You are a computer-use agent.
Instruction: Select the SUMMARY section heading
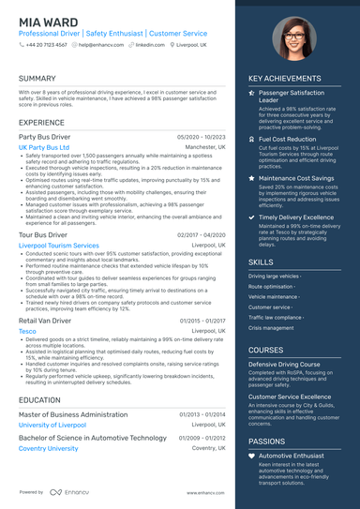coord(37,78)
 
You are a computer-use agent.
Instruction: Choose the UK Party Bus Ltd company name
coord(44,147)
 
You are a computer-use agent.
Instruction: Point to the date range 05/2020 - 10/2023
coord(202,136)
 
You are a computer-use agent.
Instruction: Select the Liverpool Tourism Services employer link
coord(58,246)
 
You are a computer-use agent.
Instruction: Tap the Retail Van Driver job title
coord(45,321)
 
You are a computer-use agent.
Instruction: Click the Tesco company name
coord(27,331)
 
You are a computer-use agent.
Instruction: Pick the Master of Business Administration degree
coord(73,413)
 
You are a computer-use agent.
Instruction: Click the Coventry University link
coord(49,448)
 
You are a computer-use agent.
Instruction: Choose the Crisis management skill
coord(272,328)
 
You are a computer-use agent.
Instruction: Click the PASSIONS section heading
coord(267,440)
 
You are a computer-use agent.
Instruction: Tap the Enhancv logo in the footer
coord(66,491)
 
